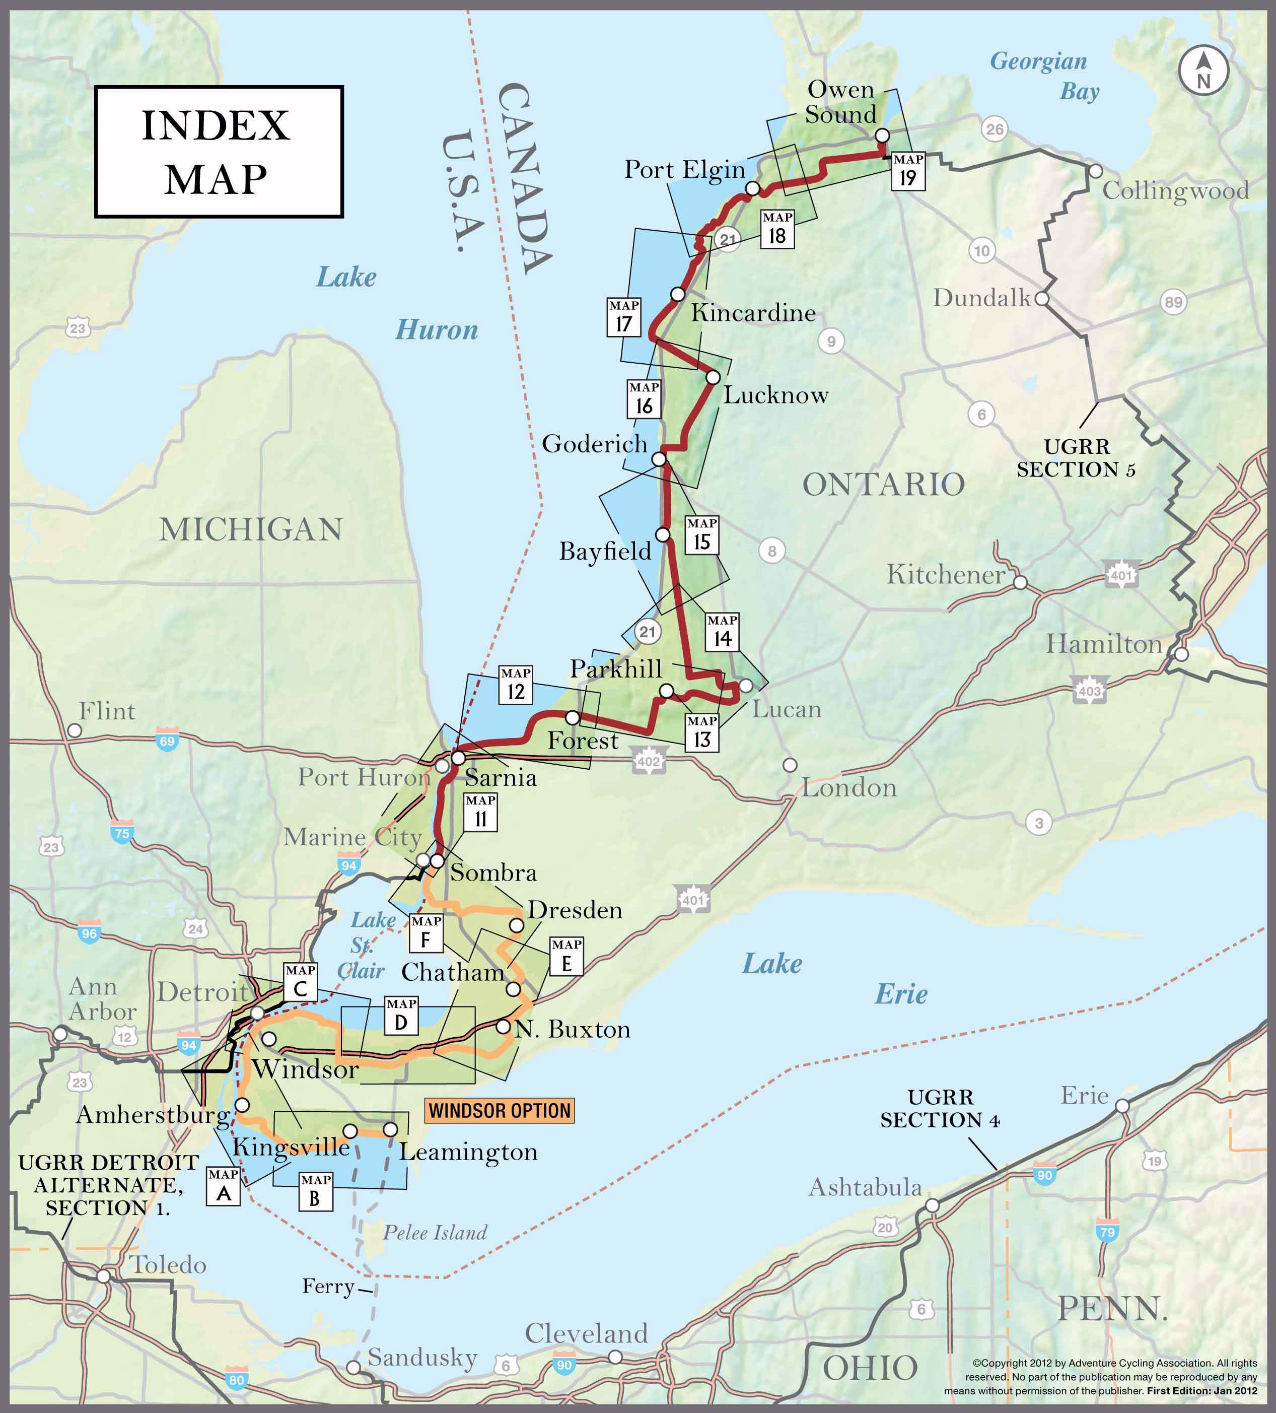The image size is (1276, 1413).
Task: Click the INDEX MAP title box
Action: click(x=219, y=152)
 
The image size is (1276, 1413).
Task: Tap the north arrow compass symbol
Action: click(x=1203, y=72)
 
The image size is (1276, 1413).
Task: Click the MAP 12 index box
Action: click(x=516, y=685)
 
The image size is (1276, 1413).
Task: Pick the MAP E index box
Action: click(x=566, y=957)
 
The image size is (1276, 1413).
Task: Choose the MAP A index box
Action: click(x=224, y=1186)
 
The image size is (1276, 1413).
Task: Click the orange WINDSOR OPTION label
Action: click(x=500, y=1111)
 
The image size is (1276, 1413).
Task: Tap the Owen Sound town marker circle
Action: click(x=883, y=136)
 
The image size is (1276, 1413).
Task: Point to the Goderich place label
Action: click(x=594, y=444)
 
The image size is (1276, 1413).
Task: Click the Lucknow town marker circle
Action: click(x=713, y=377)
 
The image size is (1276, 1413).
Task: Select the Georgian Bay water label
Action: click(x=1044, y=76)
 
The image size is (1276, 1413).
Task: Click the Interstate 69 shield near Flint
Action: click(x=167, y=741)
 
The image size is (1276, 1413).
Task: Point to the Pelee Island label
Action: click(x=435, y=1233)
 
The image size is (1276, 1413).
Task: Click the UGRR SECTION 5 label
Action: click(x=1076, y=458)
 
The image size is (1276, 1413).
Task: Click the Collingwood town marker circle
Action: click(x=1095, y=171)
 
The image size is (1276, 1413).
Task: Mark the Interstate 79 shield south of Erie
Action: click(x=1107, y=1232)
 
